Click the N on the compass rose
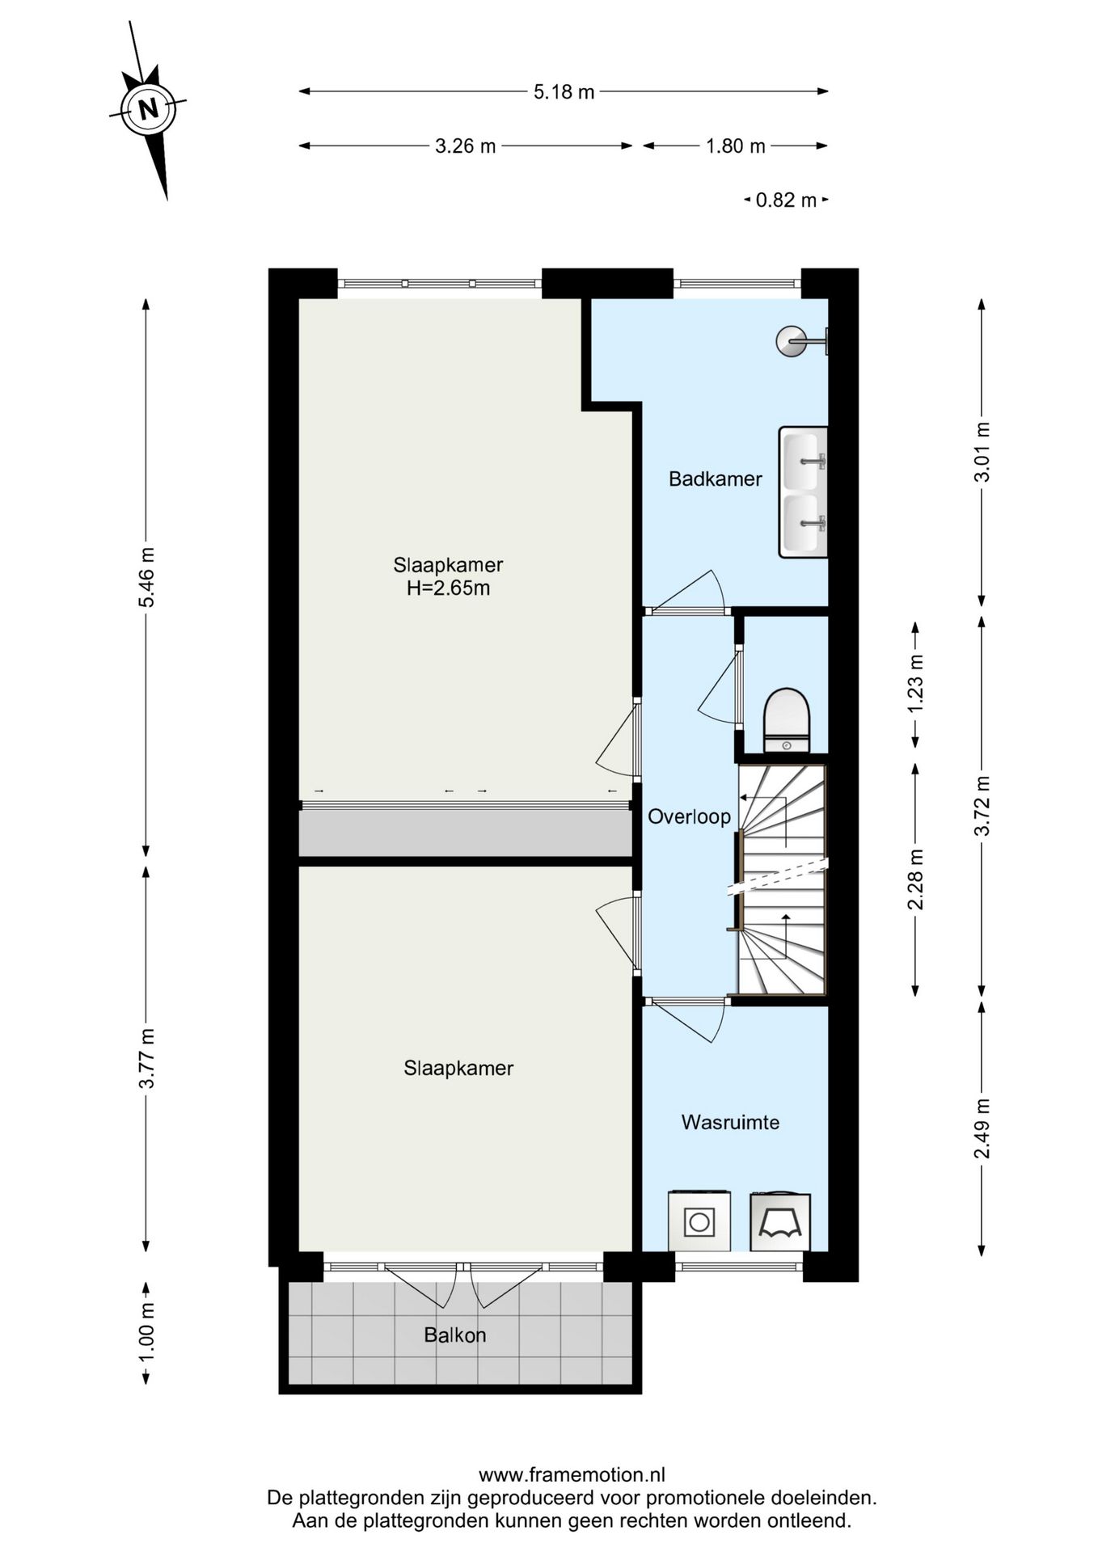coord(147,108)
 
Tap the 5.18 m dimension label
coord(564,92)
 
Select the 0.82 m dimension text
coord(786,200)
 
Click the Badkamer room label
coord(715,479)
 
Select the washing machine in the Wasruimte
coord(699,1221)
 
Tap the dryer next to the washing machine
coord(780,1221)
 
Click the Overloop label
coord(689,816)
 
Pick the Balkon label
coord(455,1335)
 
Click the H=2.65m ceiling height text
coord(448,588)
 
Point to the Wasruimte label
coord(730,1122)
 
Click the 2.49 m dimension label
coord(981,1128)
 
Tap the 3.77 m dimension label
coord(146,1059)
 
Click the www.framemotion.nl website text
coord(572,1475)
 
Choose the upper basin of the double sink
coord(804,462)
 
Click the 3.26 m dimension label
coord(465,146)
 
